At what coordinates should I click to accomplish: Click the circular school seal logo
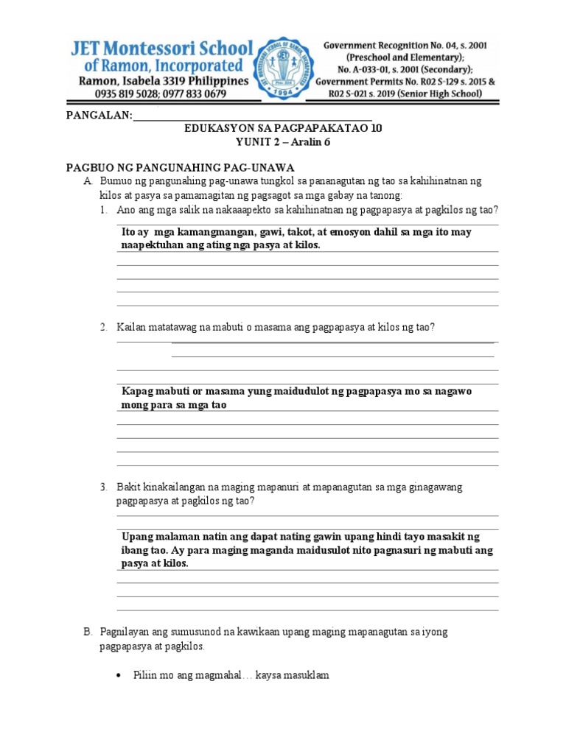[x=286, y=66]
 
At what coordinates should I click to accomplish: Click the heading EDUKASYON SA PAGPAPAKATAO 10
[x=283, y=128]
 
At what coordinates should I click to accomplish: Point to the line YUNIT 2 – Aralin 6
[x=283, y=142]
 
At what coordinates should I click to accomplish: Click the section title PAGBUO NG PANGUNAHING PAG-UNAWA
[x=180, y=168]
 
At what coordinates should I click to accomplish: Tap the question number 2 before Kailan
[x=105, y=327]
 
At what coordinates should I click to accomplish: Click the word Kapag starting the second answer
[x=138, y=392]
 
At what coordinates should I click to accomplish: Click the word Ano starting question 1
[x=126, y=210]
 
